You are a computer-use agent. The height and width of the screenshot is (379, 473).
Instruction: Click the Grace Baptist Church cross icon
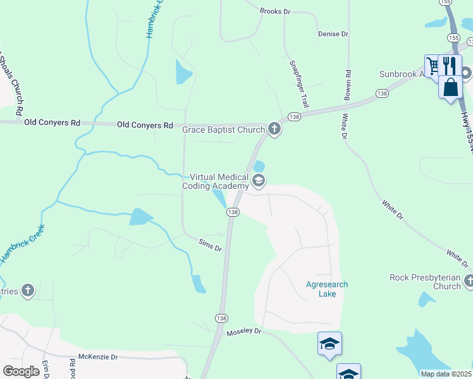tap(274, 129)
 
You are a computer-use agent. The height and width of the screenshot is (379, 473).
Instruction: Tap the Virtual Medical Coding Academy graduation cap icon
tap(258, 181)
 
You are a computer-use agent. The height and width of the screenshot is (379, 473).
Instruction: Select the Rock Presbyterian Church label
tap(425, 282)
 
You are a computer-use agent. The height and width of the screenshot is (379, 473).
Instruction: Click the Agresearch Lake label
tap(326, 289)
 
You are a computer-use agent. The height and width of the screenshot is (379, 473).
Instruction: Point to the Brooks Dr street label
tap(274, 11)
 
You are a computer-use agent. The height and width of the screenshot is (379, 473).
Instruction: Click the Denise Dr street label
tap(333, 34)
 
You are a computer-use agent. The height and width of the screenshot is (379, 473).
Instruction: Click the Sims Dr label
tap(210, 245)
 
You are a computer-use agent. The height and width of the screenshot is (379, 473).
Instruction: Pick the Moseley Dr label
tap(243, 331)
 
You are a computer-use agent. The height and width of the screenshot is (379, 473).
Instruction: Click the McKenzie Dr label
tap(98, 357)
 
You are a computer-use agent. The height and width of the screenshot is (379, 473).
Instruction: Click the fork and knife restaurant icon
tap(450, 65)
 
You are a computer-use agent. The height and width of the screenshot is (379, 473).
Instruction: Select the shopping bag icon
tap(450, 87)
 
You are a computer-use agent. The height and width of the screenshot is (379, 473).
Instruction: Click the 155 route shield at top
tap(448, 3)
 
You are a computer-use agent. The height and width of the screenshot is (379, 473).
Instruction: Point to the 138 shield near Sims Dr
tap(233, 213)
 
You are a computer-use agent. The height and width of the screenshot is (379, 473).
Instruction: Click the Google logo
tap(21, 371)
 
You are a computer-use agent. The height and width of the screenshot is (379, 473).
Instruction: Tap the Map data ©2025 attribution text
tap(446, 374)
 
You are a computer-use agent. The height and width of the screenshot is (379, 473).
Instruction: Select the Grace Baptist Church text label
tap(223, 129)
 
